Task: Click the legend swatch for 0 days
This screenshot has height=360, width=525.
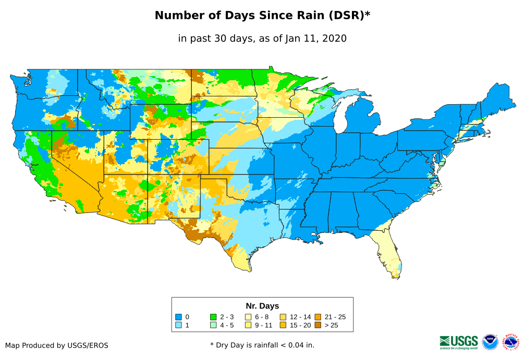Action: (x=178, y=317)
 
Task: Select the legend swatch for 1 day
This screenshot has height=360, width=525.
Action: (x=178, y=325)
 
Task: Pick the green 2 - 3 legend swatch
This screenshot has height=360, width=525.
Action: (x=213, y=317)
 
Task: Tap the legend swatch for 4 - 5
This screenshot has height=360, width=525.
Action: (x=213, y=325)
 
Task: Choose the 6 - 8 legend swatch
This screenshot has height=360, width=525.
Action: (x=248, y=317)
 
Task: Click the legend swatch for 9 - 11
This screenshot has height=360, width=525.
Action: (x=248, y=325)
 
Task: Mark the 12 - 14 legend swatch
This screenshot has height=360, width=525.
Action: (x=283, y=317)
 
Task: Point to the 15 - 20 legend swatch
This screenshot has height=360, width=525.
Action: (x=283, y=325)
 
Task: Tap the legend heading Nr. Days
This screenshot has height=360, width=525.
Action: (x=262, y=306)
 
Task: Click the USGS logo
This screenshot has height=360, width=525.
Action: (x=459, y=341)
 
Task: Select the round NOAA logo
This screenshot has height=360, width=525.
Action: (x=490, y=342)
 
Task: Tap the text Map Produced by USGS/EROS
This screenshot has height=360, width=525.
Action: (x=57, y=345)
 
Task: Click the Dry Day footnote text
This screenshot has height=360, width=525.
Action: (x=262, y=345)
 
